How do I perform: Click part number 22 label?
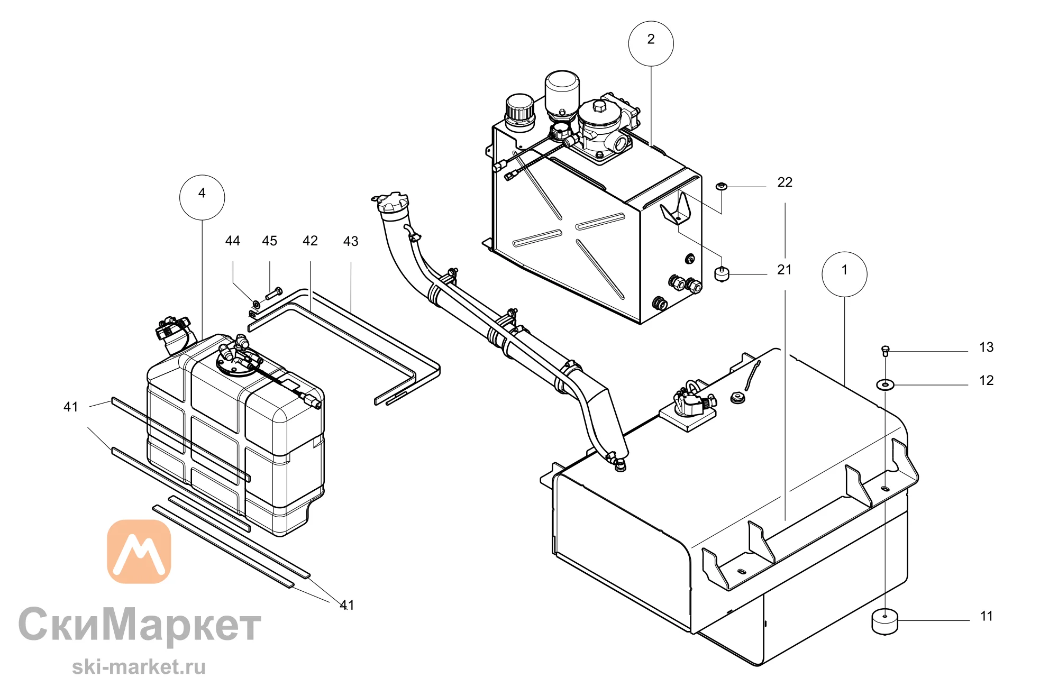(785, 182)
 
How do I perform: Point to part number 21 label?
(785, 270)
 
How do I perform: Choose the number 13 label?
(986, 347)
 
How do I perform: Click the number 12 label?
(986, 381)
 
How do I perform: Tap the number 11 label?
(987, 616)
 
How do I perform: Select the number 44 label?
(233, 241)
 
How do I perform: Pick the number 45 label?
(270, 241)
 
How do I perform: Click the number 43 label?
(351, 242)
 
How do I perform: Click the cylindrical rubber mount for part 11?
(885, 621)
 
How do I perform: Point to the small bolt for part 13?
(886, 351)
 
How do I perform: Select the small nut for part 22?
(722, 186)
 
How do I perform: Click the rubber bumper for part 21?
(722, 274)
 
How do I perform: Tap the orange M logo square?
(139, 552)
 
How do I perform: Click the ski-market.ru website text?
(139, 667)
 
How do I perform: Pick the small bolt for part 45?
(274, 293)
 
